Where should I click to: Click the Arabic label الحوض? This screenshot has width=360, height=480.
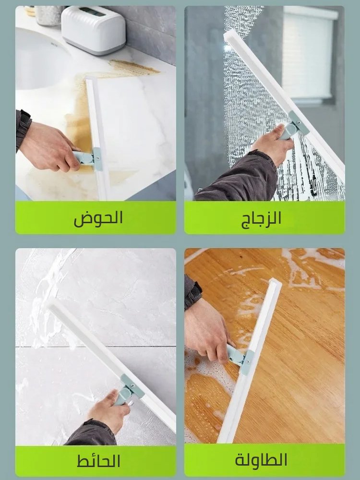coord(98,218)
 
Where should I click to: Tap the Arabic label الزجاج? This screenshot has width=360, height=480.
coord(261,218)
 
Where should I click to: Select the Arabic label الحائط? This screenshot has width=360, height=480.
coord(98,461)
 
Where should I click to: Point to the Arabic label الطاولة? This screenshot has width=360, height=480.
coord(261,460)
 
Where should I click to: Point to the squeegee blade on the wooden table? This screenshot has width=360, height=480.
coord(250,365)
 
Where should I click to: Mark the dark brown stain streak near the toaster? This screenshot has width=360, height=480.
coord(134,67)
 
